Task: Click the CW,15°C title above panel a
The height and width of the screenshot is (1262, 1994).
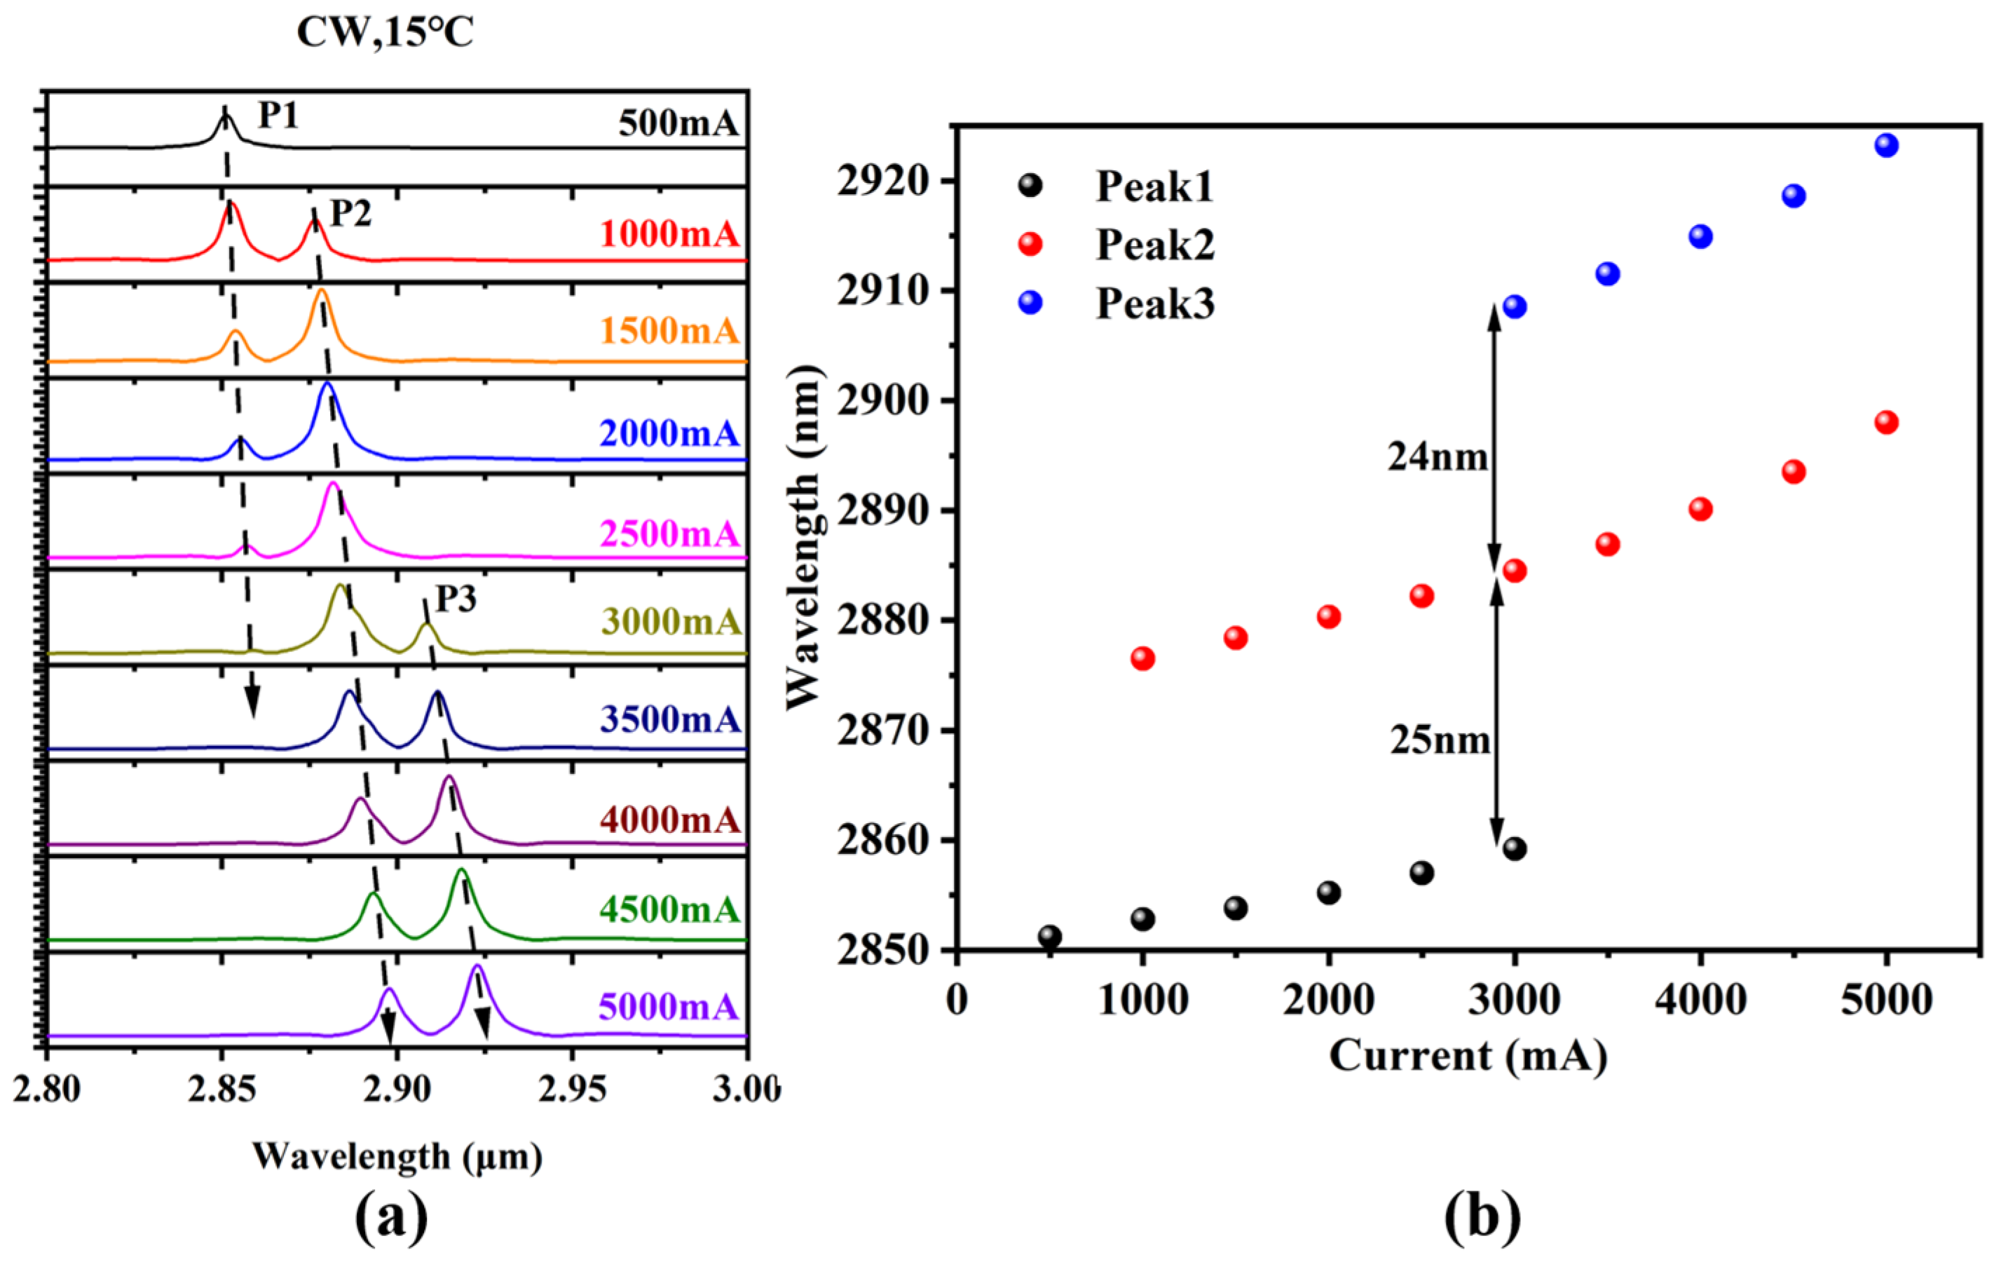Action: tap(385, 33)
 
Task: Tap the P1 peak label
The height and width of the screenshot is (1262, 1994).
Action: tap(278, 115)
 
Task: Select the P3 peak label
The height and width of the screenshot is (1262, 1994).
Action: tap(456, 599)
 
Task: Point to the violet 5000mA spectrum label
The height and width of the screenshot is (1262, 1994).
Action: tap(667, 1007)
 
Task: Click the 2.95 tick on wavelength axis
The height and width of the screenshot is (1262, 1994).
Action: tap(572, 1090)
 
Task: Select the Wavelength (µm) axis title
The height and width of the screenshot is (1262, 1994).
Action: tap(397, 1157)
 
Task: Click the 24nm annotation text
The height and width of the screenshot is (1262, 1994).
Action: tap(1438, 457)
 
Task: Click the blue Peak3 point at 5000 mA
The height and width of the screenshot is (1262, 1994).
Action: tap(1886, 146)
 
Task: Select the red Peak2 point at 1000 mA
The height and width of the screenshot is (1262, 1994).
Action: tap(1142, 659)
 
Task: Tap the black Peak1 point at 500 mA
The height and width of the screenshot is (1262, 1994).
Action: tap(1050, 937)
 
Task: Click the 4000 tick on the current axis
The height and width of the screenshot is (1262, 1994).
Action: tap(1700, 1000)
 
